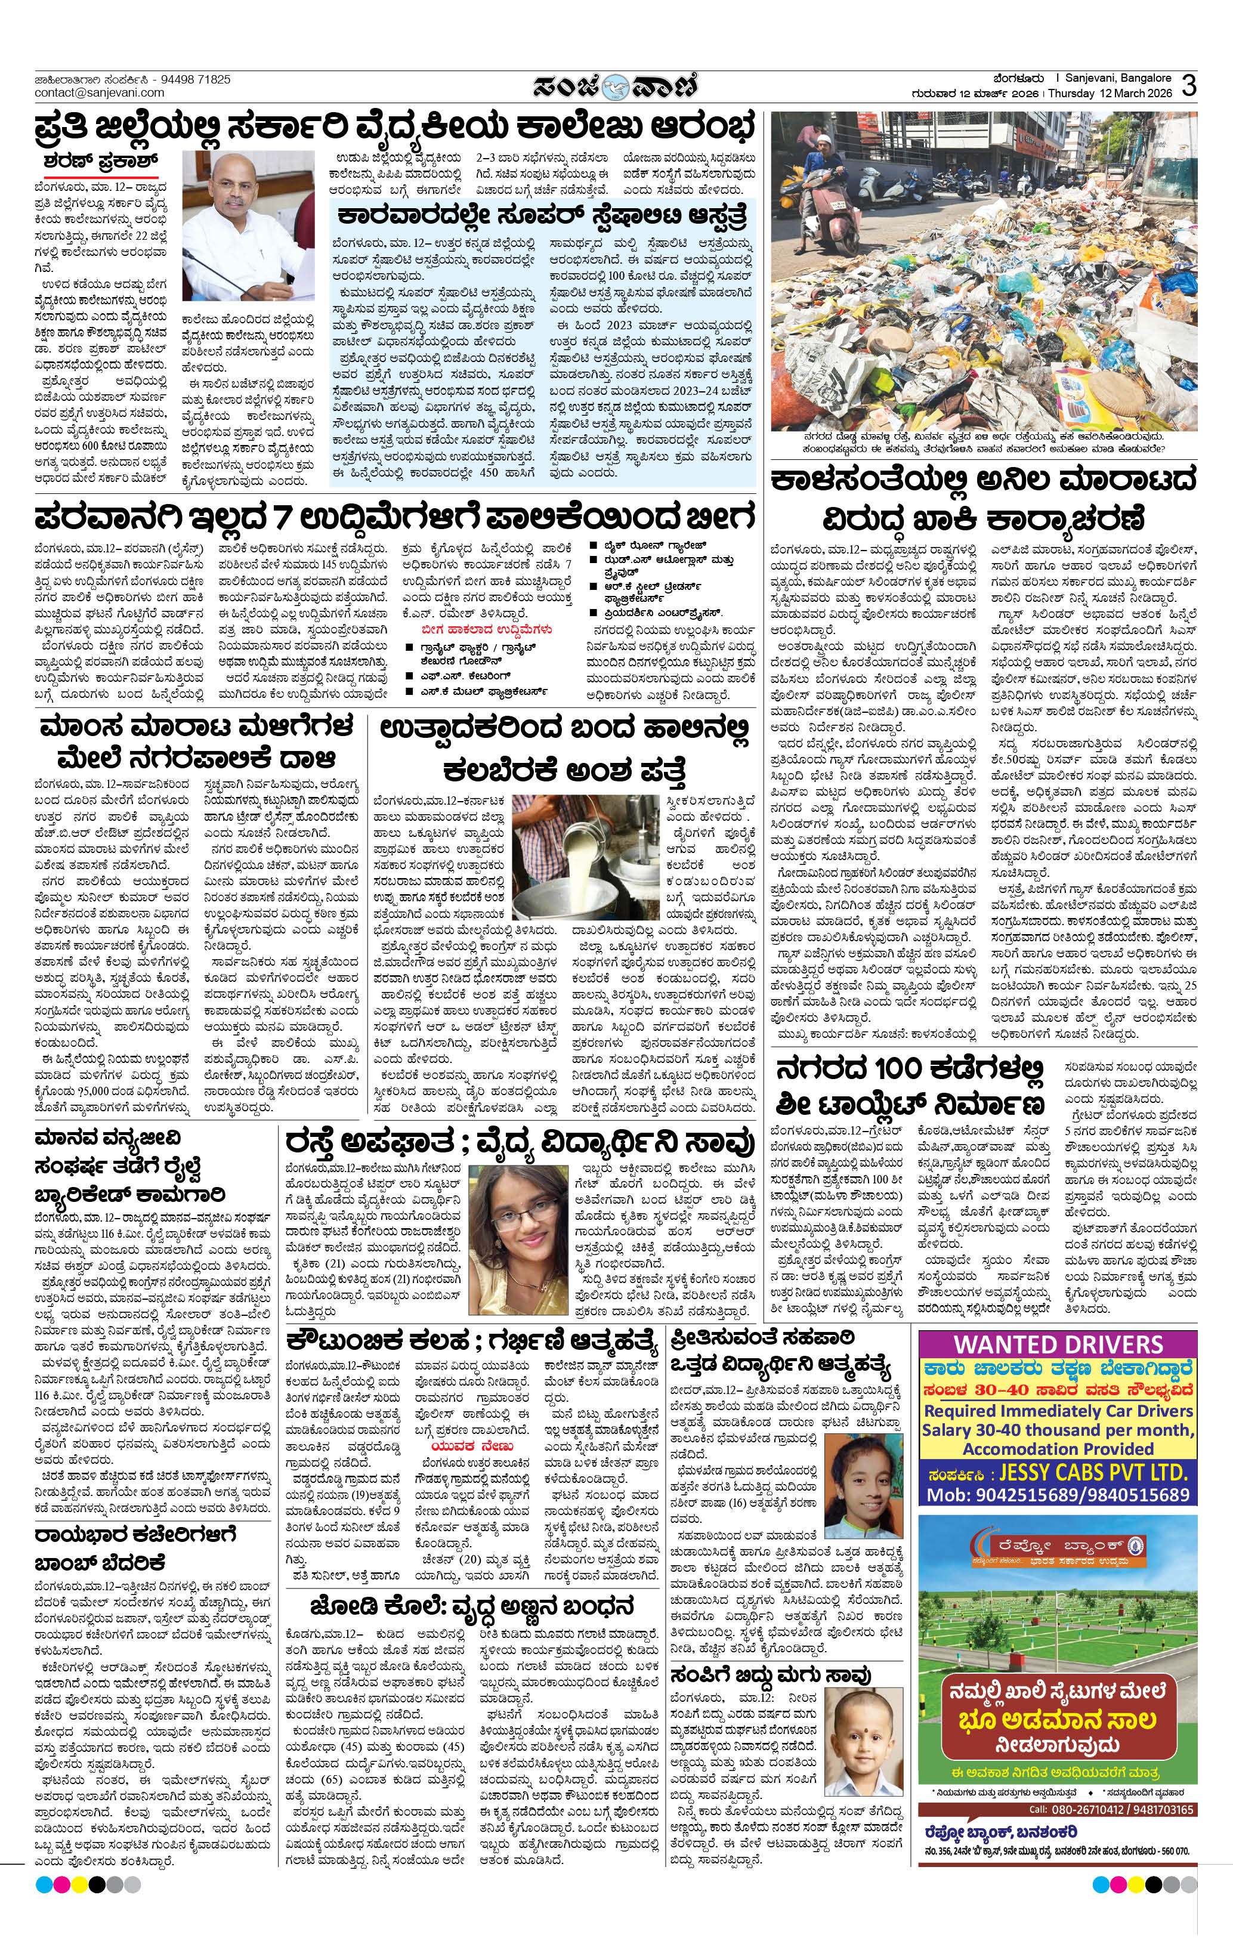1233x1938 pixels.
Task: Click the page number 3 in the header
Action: pos(1188,85)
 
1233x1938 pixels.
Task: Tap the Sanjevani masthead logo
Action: pos(616,86)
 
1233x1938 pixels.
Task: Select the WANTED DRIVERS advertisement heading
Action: pos(1058,1345)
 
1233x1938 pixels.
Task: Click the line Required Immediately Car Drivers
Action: pos(1058,1411)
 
